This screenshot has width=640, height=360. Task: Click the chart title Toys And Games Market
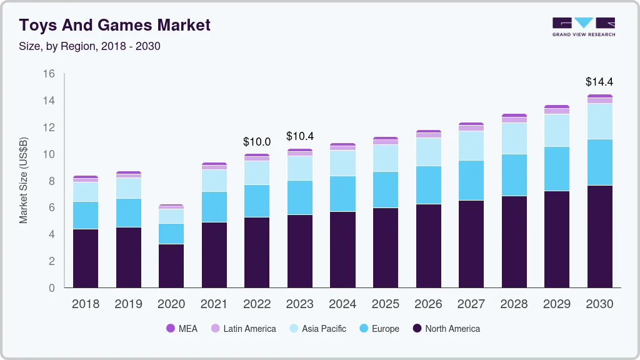(114, 26)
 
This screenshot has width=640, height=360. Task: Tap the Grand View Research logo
(583, 26)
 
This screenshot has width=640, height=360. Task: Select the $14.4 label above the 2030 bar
(599, 82)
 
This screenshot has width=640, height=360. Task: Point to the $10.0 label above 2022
(257, 142)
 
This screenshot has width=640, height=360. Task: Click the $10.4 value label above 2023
(300, 136)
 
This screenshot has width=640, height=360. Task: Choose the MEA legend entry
(181, 329)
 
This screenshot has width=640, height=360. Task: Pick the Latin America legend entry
(242, 329)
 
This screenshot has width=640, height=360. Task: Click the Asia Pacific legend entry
(317, 329)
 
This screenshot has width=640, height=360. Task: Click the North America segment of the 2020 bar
(171, 266)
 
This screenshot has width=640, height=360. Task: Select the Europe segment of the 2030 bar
(599, 162)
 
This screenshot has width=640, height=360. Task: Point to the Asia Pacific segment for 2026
(428, 152)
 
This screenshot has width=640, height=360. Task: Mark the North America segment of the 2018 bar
(86, 258)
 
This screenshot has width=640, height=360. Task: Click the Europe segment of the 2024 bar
(342, 194)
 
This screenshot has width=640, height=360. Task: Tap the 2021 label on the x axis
(214, 304)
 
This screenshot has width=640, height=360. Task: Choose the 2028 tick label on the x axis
(514, 304)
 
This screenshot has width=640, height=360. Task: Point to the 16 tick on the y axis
(49, 74)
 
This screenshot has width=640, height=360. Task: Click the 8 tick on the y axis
(52, 181)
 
